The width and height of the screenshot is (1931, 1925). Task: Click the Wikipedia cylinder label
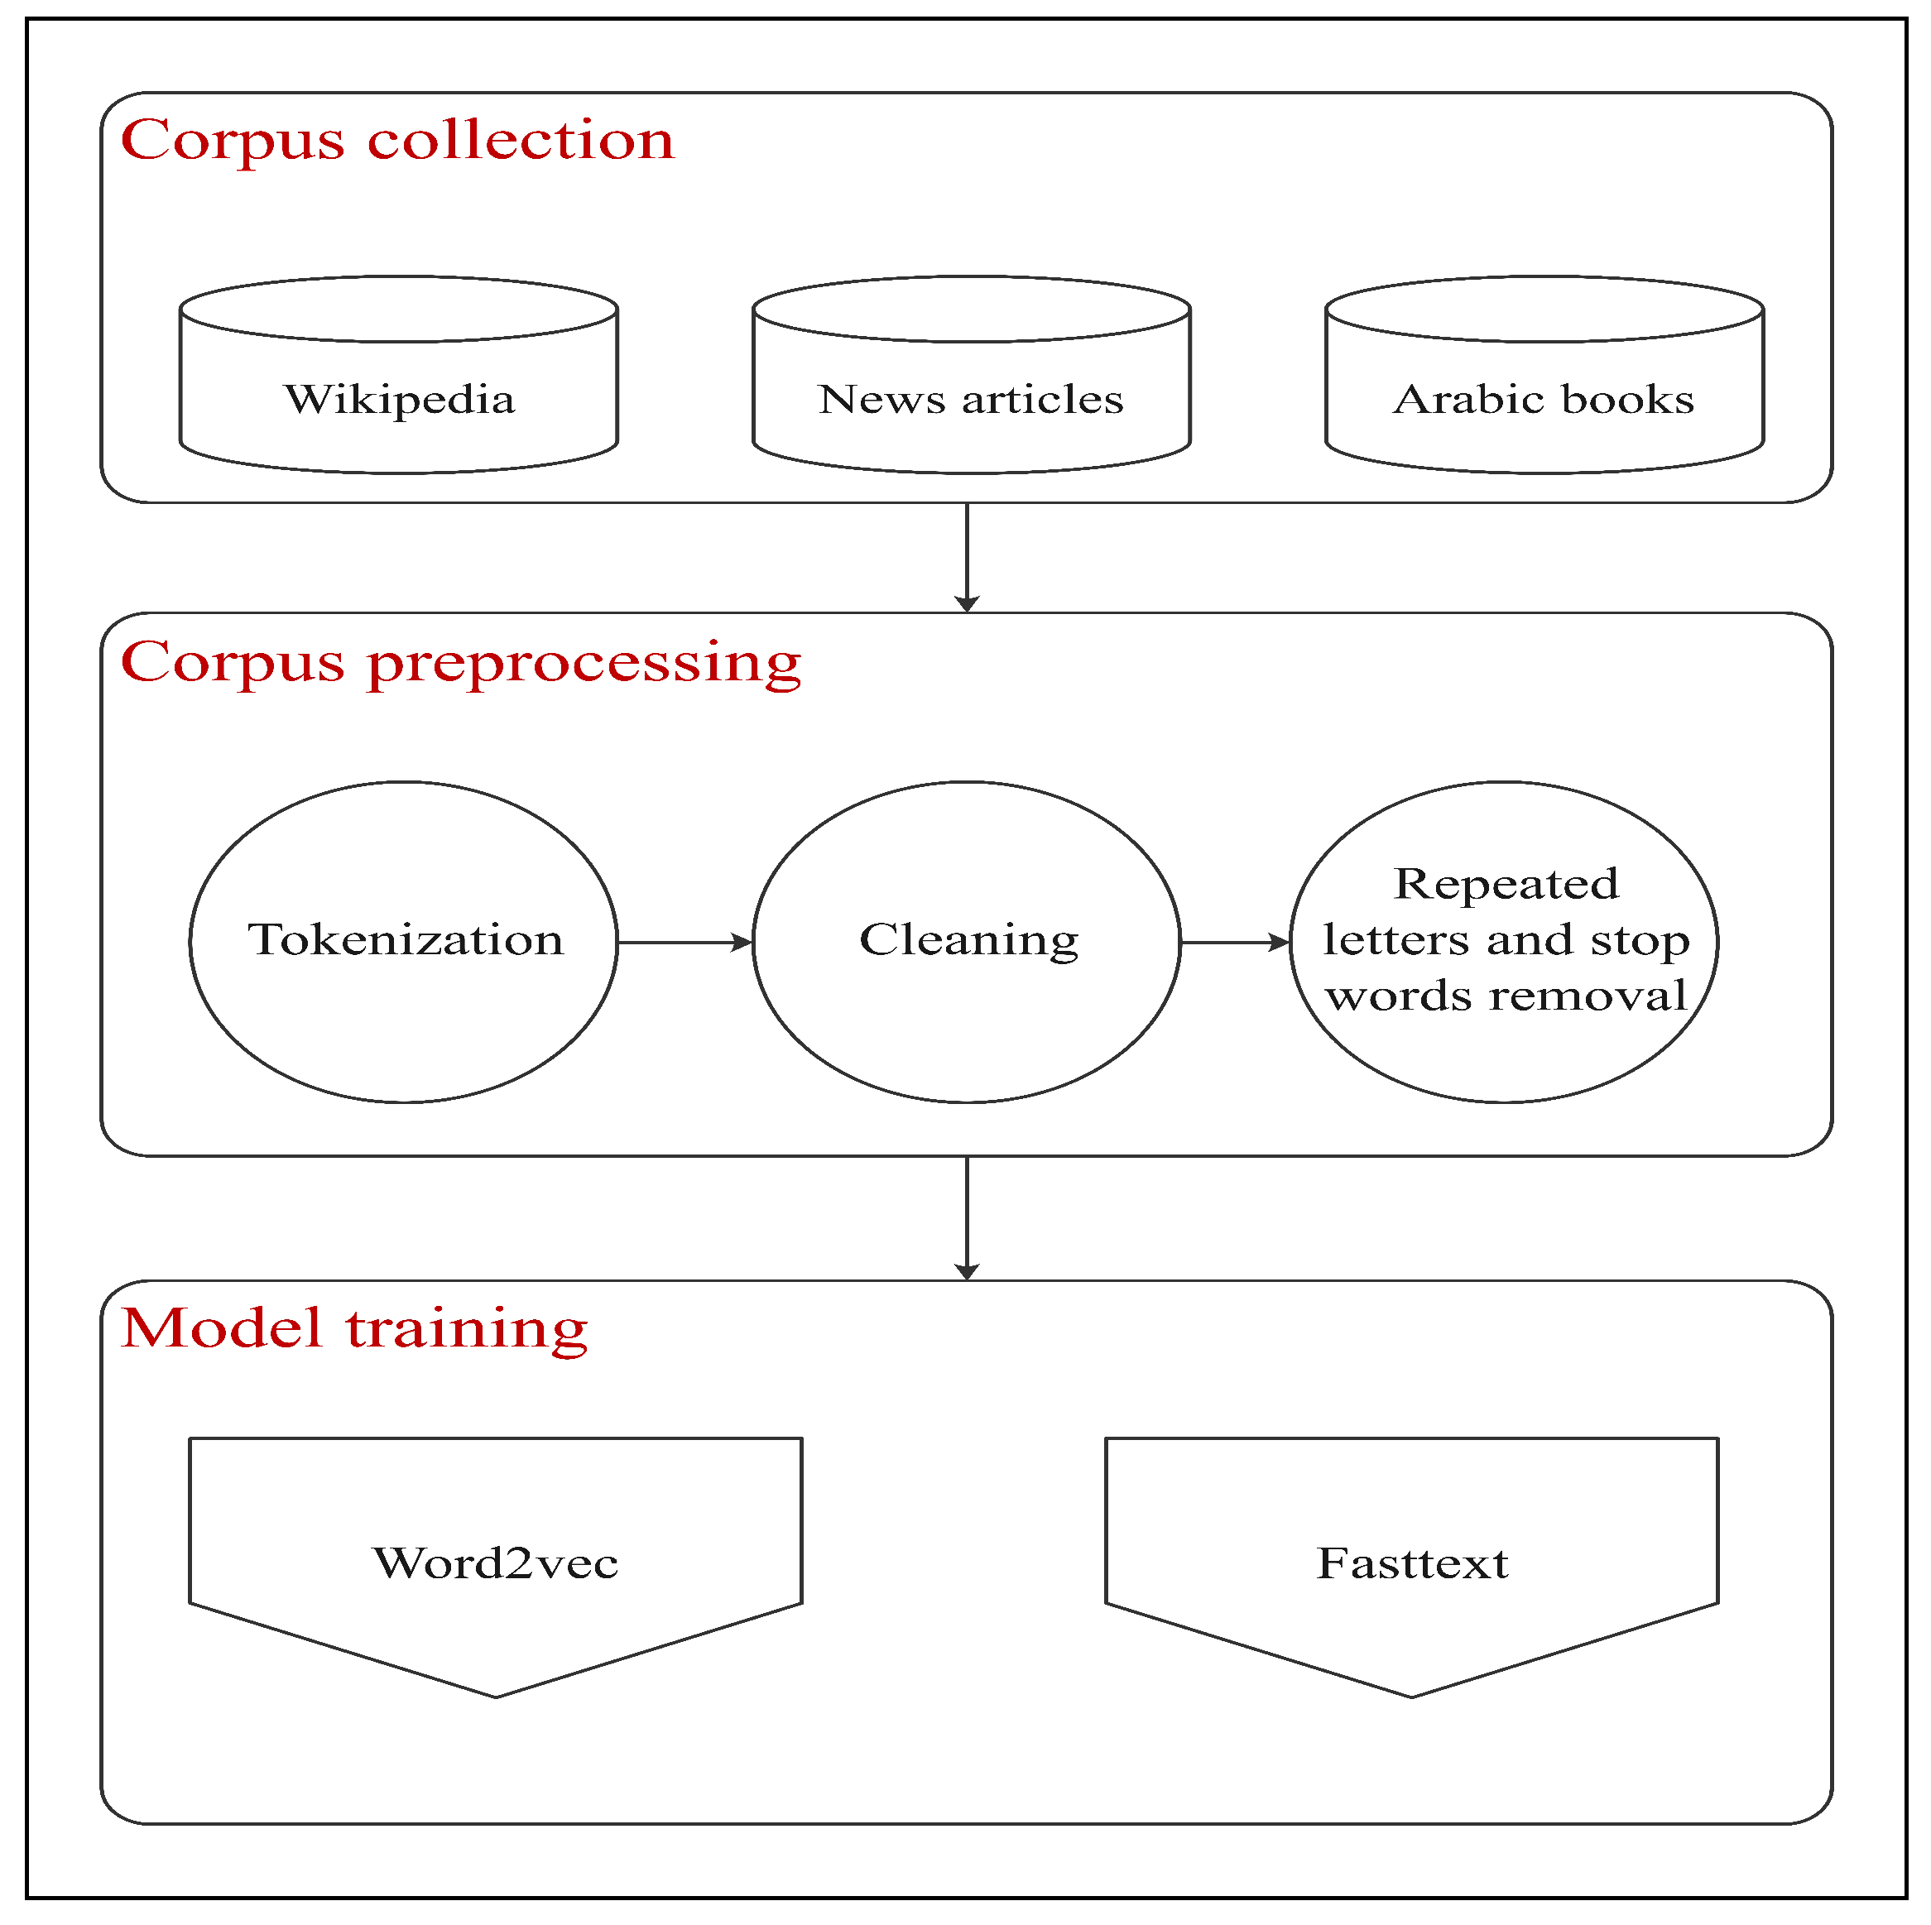[x=400, y=400]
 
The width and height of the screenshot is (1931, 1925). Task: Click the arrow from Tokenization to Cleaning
[x=684, y=943]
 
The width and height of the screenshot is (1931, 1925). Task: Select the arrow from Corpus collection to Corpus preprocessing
[x=967, y=555]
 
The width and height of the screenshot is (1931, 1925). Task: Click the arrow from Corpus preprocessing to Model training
[x=967, y=1217]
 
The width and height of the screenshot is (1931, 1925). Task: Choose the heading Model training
[x=353, y=1328]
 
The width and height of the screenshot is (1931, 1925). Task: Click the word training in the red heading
[x=467, y=1330]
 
